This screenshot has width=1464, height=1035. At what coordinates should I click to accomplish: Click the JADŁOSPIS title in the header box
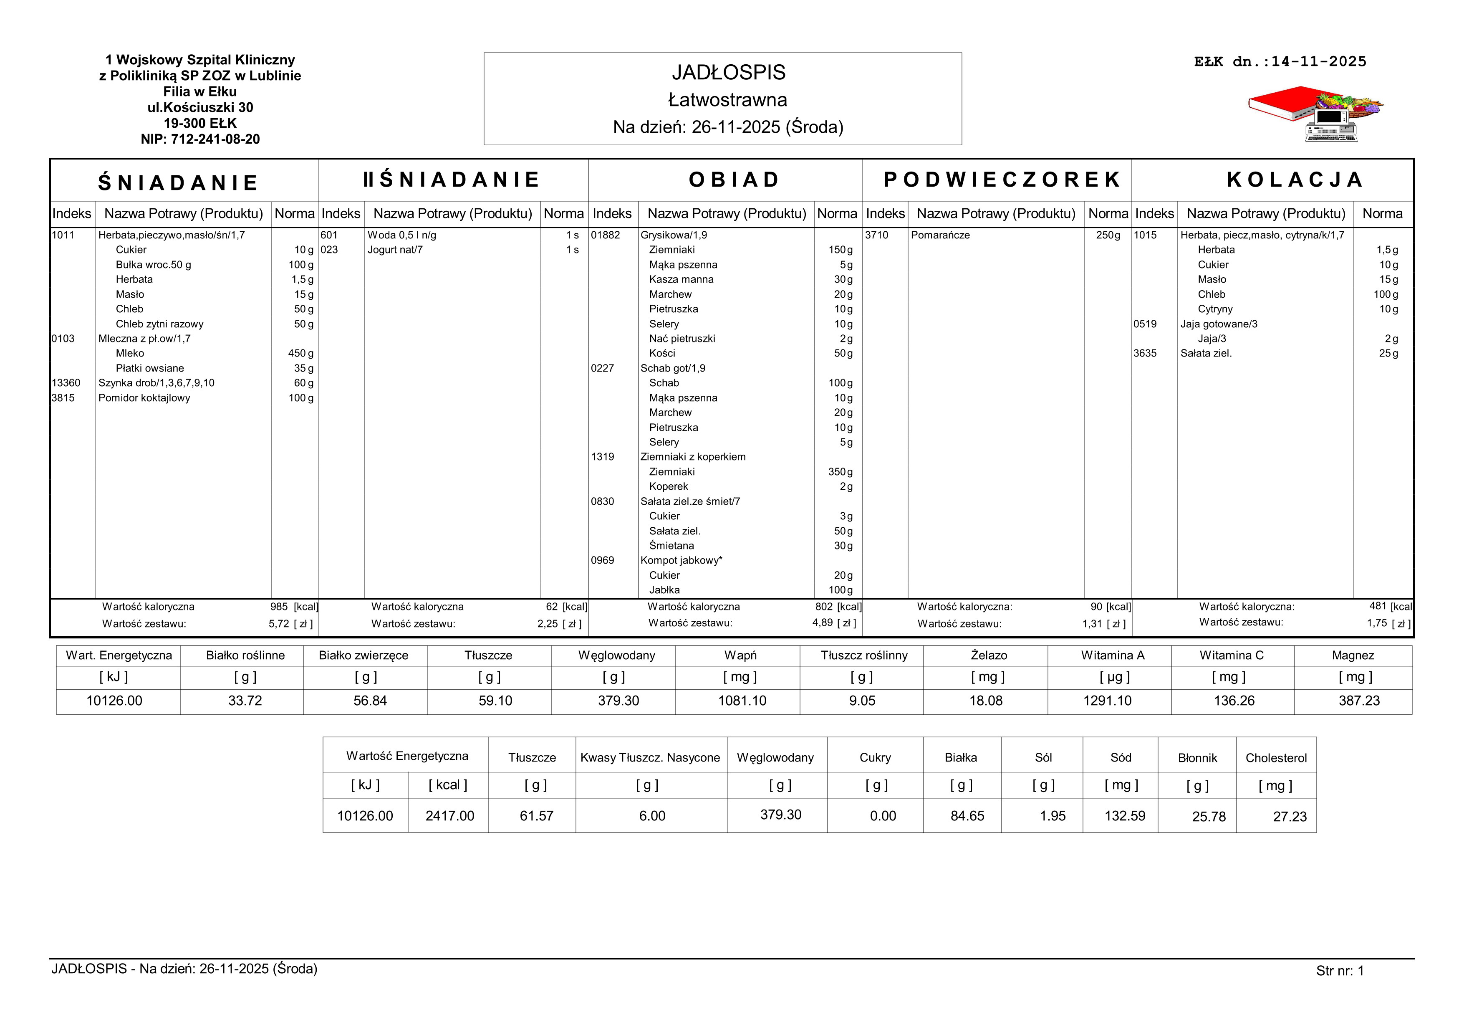pos(728,73)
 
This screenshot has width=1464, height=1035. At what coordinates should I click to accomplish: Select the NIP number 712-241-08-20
pos(200,139)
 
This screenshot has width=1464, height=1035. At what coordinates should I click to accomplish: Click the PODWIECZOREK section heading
pos(1002,180)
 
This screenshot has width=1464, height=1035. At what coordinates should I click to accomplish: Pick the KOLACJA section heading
pos(1295,180)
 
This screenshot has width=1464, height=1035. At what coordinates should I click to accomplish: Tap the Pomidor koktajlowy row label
pos(144,398)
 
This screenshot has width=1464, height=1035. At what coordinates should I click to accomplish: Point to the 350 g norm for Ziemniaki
pos(840,472)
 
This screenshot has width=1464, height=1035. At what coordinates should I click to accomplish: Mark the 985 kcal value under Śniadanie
pos(279,607)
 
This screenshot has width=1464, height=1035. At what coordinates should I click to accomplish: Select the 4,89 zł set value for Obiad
pos(823,623)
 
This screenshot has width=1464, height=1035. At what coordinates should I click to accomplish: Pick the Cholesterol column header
pos(1276,758)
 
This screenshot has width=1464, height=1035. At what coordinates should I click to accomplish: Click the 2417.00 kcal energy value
pos(449,816)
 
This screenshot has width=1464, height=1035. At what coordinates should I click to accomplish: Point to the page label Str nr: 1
pos(1340,971)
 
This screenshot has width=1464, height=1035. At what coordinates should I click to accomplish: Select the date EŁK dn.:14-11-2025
pos(1280,62)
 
